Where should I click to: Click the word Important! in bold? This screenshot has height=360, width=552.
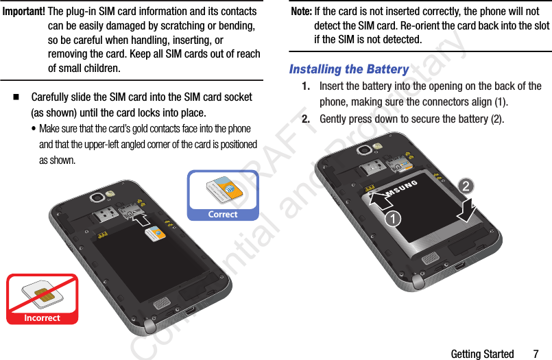point(24,12)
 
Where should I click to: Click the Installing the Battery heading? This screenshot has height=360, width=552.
point(349,69)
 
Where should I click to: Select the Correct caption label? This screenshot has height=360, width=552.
point(223,215)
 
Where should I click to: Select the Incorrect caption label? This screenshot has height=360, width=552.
point(42,318)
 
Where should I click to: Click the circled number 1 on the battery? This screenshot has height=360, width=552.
point(392,219)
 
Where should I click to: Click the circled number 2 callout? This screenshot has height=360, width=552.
point(466,187)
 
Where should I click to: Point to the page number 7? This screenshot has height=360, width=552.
point(537,354)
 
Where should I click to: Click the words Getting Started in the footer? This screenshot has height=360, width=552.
point(482,354)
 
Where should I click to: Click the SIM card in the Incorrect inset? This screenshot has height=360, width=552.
point(41,296)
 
